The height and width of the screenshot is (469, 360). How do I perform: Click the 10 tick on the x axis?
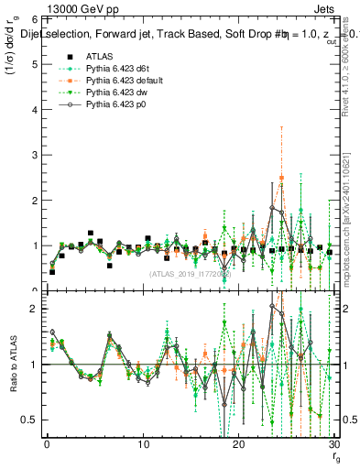143,446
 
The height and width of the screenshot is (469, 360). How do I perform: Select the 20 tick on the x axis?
239,446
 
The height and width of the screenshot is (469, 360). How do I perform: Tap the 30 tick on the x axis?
334,446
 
